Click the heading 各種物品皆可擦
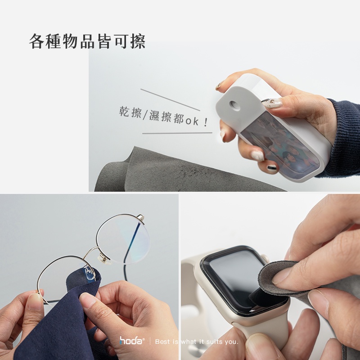pos(87,41)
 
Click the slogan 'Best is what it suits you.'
pos(197,342)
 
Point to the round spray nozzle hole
pos(234,105)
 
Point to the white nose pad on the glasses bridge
pos(104,260)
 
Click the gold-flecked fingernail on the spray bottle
pos(272,103)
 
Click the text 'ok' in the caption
pos(192,121)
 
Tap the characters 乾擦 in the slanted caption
pos(130,112)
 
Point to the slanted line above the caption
pos(170,100)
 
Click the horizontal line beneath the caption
pos(177,133)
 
